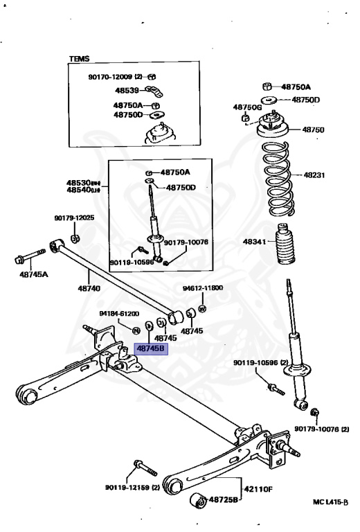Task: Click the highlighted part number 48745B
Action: coord(150,349)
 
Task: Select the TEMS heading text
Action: coord(80,60)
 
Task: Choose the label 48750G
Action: coord(247,107)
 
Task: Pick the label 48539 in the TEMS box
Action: coord(127,90)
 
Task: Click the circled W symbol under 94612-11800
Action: coord(203,308)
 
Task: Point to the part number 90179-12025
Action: coord(74,218)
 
